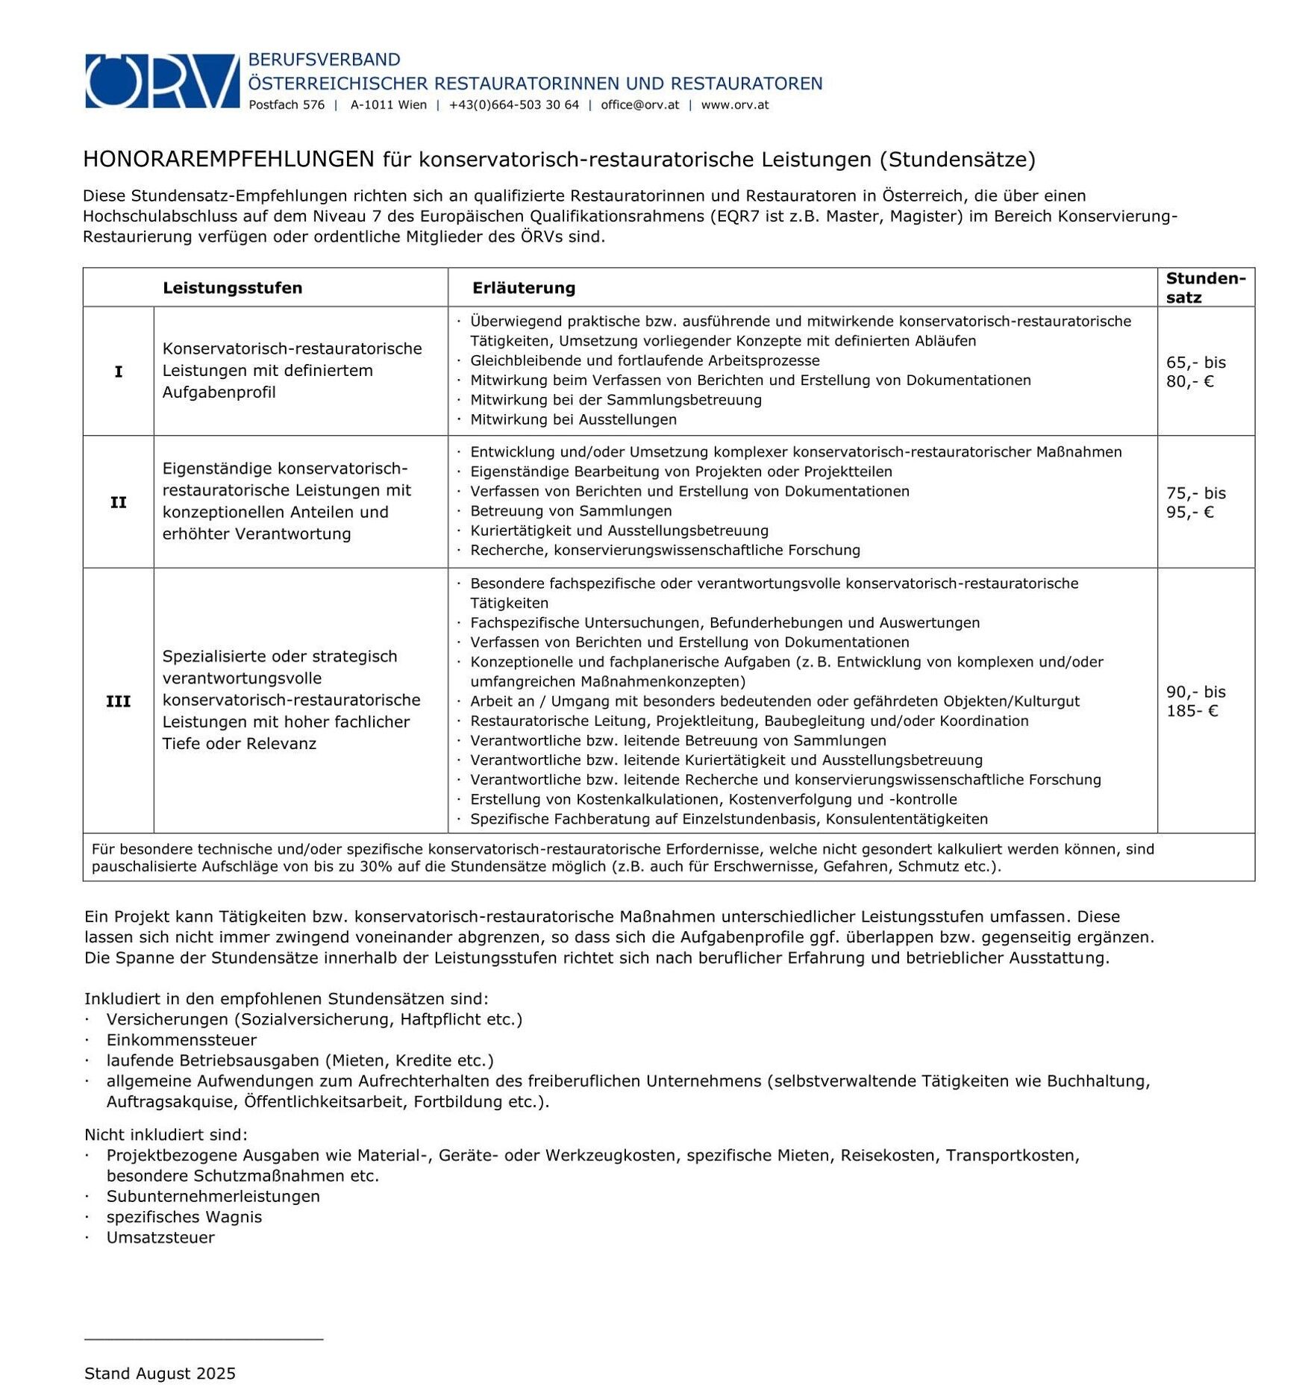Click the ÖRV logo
(x=162, y=81)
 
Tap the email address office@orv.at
(x=639, y=105)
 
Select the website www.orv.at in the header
(x=734, y=105)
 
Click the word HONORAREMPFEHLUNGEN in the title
(x=228, y=159)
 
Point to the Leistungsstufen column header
(x=232, y=288)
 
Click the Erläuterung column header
(x=523, y=288)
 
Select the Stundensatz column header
(x=1204, y=288)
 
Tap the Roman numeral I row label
(x=118, y=372)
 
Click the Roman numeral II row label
(x=118, y=502)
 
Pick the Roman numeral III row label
(x=118, y=701)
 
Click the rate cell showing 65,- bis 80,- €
(x=1195, y=372)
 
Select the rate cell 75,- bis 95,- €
(x=1195, y=502)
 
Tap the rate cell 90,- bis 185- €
(x=1195, y=701)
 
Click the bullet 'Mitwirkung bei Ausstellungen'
(x=573, y=419)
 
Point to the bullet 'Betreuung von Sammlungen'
(x=571, y=511)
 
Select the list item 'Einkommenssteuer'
(x=181, y=1040)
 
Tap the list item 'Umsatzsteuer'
(x=160, y=1237)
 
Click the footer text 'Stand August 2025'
(x=160, y=1374)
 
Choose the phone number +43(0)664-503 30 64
(x=513, y=105)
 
